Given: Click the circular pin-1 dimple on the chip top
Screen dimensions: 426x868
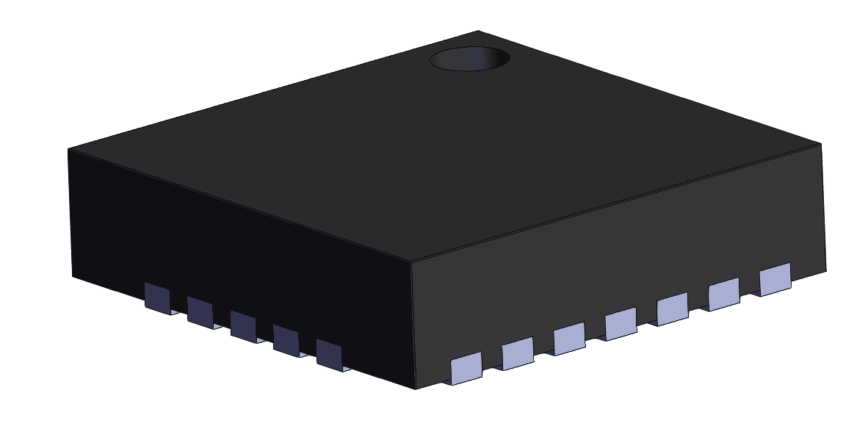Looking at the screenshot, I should point(469,59).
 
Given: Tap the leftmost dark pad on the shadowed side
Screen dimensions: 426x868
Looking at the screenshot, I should point(156,297).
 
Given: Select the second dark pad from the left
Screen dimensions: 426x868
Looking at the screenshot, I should point(200,311).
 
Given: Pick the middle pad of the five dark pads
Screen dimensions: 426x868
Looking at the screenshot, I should point(243,325).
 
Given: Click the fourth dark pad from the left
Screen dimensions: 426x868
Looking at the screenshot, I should point(286,339).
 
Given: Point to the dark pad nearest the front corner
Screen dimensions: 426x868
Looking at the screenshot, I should point(330,353).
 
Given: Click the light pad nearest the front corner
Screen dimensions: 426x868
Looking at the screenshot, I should point(466,367).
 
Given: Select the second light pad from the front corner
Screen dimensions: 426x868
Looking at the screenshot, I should point(518,353).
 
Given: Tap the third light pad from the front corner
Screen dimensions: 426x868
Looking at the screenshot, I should point(569,338).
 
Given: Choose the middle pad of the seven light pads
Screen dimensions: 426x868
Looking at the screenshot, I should point(621,323).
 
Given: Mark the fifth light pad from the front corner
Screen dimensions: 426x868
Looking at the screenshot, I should point(672,308).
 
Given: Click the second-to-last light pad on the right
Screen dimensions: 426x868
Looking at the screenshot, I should point(723,294).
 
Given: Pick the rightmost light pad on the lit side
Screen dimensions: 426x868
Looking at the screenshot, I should point(775,279).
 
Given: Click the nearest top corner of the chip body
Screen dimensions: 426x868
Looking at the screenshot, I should point(411,261).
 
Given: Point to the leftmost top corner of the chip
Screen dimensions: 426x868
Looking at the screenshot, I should point(69,150).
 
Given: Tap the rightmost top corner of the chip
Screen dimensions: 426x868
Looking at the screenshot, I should point(821,145).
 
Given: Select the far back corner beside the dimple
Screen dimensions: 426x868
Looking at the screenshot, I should point(478,31).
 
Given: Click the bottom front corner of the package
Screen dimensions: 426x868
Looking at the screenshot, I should point(417,389).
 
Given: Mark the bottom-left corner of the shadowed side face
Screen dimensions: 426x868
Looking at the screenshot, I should point(72,278).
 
